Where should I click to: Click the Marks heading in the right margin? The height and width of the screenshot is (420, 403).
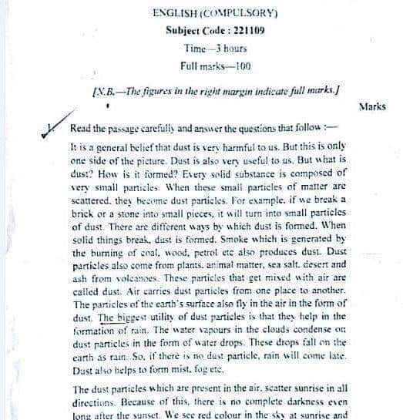[x=371, y=106]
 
